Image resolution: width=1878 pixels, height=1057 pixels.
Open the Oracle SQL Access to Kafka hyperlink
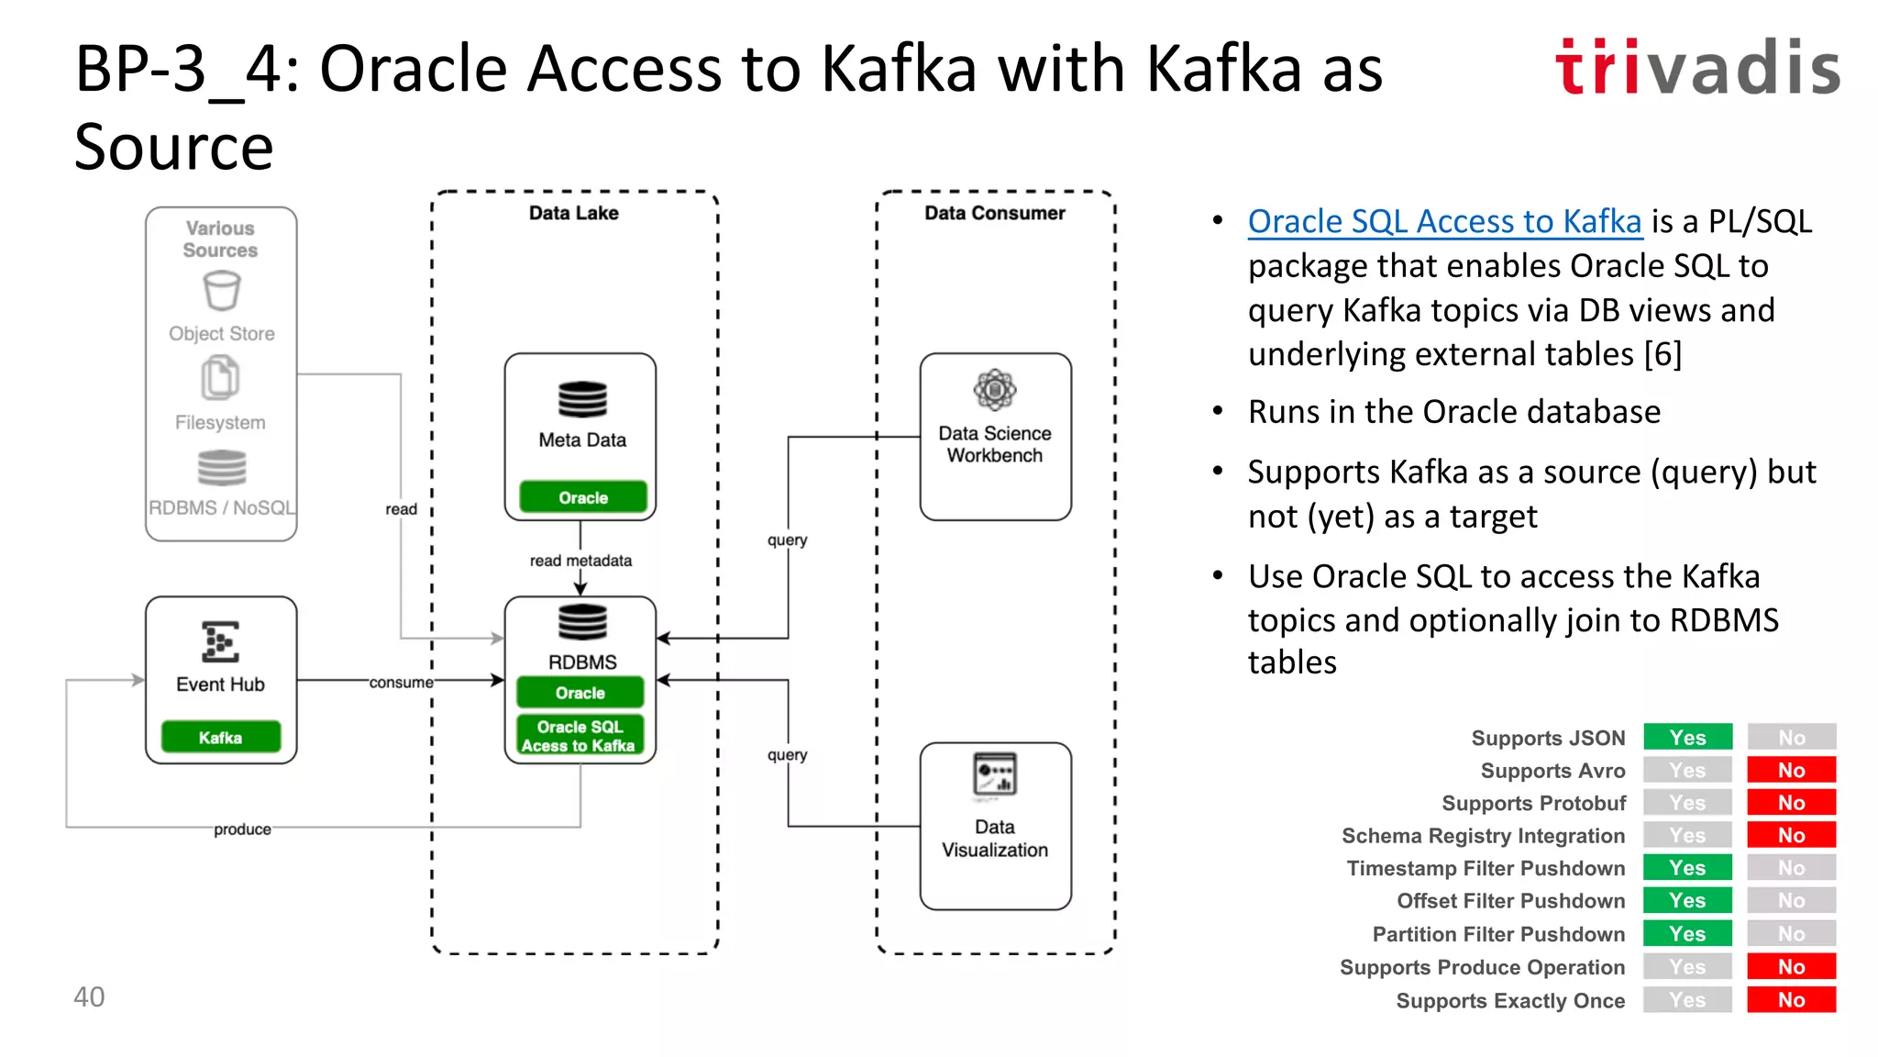(x=1444, y=222)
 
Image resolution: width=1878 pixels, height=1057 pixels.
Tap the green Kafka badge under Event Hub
(x=221, y=738)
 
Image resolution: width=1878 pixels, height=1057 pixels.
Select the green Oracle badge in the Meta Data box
(x=583, y=497)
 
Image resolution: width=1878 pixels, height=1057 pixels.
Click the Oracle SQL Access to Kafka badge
(x=580, y=736)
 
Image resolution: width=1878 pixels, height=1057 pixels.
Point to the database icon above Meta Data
(x=582, y=400)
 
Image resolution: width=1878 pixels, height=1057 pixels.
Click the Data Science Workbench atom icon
(x=995, y=391)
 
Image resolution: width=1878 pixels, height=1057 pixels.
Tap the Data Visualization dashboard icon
(x=995, y=774)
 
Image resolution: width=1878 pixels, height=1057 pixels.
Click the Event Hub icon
(x=220, y=641)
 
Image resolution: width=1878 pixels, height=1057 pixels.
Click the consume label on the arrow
(x=401, y=683)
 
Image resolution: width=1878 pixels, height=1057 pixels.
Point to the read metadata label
(x=580, y=561)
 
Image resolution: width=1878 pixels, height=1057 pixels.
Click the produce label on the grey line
(x=242, y=829)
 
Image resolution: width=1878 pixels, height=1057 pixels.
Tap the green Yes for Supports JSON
(x=1687, y=738)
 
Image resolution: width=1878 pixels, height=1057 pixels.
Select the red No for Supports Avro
(x=1791, y=771)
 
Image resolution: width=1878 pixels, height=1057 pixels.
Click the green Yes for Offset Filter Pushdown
(x=1687, y=901)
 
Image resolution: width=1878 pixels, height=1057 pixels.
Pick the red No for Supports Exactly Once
(x=1791, y=1000)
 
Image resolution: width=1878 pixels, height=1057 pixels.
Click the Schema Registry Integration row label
(x=1483, y=836)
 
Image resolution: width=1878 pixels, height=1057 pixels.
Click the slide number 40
(x=89, y=996)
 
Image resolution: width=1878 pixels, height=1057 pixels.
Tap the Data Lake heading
(x=573, y=213)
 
